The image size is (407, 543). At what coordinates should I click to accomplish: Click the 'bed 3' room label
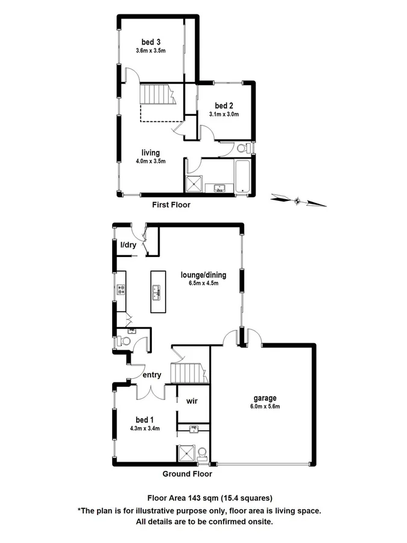tap(151, 42)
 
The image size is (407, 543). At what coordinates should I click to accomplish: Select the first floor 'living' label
tap(151, 153)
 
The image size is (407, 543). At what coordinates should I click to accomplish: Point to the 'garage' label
tap(265, 398)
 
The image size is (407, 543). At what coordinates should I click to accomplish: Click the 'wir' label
tap(192, 401)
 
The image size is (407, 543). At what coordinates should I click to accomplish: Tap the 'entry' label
tap(151, 375)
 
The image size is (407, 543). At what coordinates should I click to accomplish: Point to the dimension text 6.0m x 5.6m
tap(265, 406)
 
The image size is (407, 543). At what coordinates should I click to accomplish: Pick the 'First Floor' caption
tap(171, 205)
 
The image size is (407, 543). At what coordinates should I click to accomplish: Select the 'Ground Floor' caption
tap(188, 474)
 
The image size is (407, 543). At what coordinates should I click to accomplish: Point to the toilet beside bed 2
tap(241, 148)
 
